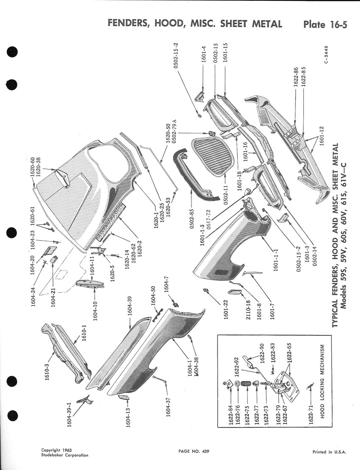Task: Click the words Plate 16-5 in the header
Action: tap(325, 24)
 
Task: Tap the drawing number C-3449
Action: tap(326, 54)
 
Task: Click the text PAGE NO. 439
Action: tap(194, 451)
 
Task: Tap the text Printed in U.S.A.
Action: tap(330, 452)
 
